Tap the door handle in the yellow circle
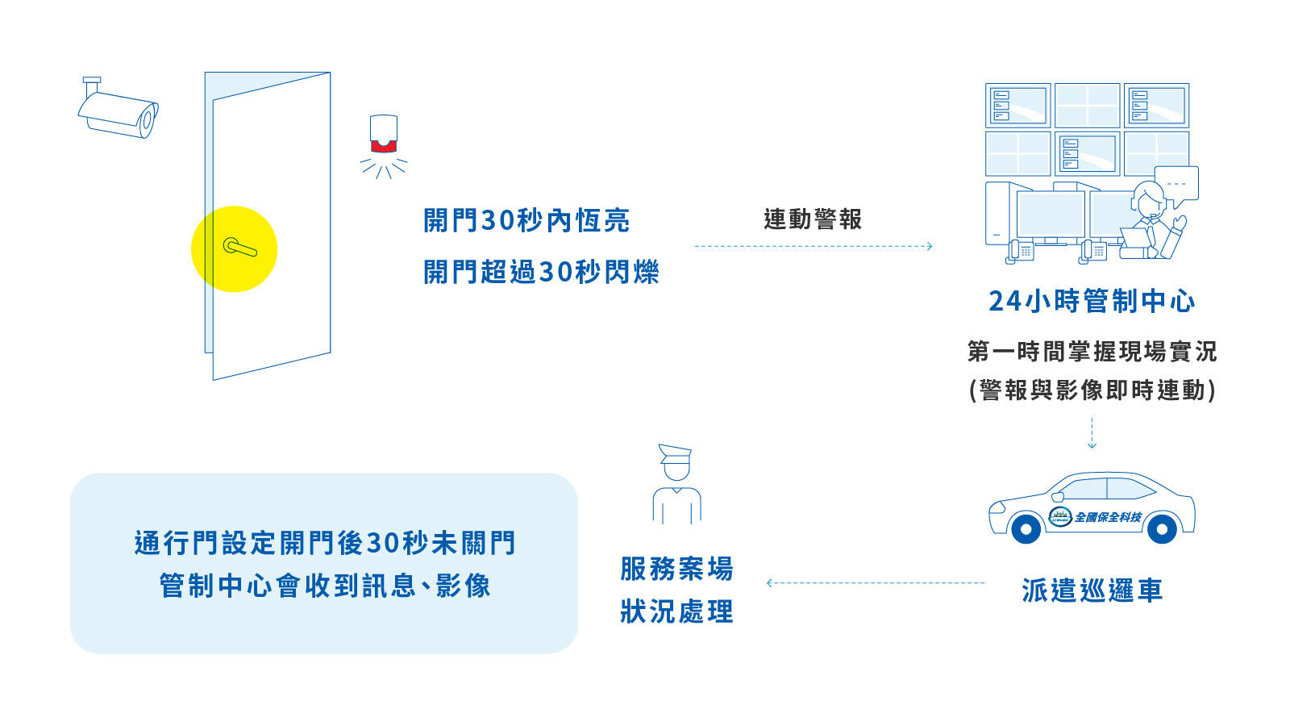(x=239, y=248)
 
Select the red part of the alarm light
(x=384, y=146)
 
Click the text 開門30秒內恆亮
(x=526, y=221)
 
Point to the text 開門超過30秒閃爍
(x=541, y=272)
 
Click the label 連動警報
(x=813, y=219)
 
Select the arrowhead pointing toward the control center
(x=929, y=247)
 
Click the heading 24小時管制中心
(x=1092, y=301)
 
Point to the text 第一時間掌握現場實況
(x=1092, y=352)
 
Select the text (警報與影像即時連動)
(x=1092, y=390)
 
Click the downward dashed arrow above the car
(x=1092, y=433)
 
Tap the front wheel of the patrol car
(x=1026, y=528)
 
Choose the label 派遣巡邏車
(x=1092, y=590)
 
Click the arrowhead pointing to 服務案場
(x=770, y=583)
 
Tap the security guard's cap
(x=675, y=453)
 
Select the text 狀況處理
(x=676, y=612)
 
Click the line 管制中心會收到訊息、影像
(x=325, y=586)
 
